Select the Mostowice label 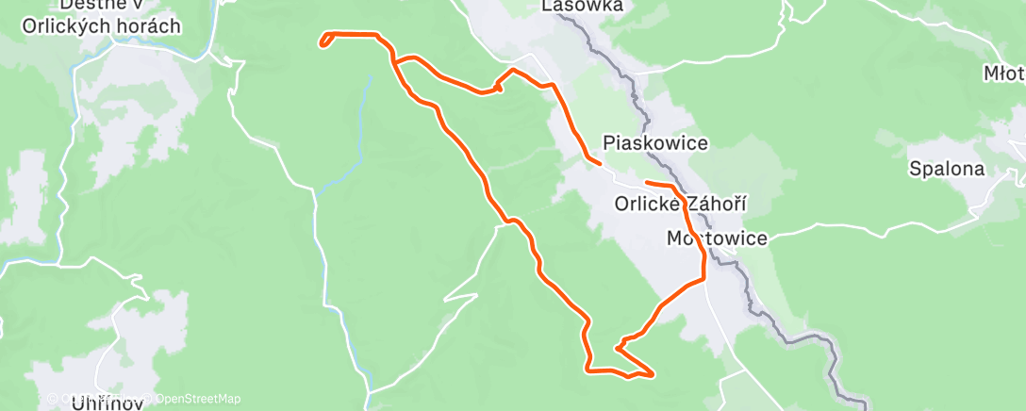[x=716, y=238]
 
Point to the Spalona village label [x=946, y=170]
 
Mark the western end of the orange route [x=322, y=45]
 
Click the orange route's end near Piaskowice [x=600, y=163]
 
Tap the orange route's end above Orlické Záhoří [x=647, y=181]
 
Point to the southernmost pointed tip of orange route [x=652, y=374]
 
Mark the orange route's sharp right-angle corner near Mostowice [x=703, y=278]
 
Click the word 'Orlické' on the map [x=645, y=204]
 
